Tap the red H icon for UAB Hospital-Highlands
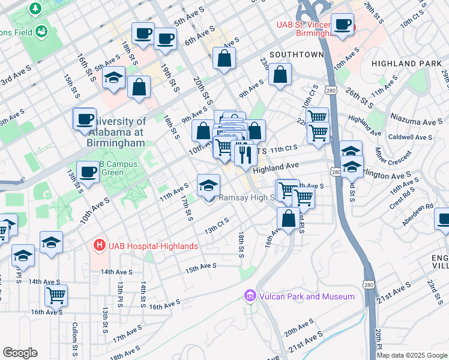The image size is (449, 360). click(x=98, y=245)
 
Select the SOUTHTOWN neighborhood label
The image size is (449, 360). click(x=297, y=55)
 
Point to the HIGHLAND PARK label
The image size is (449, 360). click(x=402, y=63)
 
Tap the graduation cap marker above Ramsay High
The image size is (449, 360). click(x=208, y=184)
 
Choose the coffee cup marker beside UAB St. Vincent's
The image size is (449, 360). click(x=343, y=25)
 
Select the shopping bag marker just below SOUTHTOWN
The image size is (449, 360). click(x=280, y=75)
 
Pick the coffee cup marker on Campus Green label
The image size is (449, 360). click(x=88, y=173)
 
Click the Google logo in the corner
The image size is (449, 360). click(x=20, y=353)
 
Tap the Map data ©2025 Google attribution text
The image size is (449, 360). click(x=412, y=355)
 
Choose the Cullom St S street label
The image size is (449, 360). click(x=75, y=340)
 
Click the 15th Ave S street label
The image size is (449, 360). click(x=200, y=266)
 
